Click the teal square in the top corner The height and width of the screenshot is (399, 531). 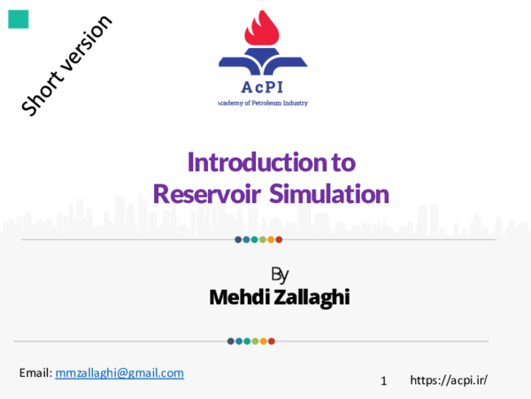19,19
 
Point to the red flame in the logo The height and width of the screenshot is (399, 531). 262,32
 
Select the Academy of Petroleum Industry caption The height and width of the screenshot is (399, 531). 263,104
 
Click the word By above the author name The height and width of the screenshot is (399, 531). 280,274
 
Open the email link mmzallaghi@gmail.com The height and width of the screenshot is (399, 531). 119,373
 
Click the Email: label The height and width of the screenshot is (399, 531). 35,373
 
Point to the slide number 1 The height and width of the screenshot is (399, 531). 384,381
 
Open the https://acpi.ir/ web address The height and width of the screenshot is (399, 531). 449,380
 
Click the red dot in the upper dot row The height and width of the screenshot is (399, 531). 279,239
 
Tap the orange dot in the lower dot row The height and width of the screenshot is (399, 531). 264,340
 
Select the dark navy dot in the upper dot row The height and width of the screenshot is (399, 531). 238,239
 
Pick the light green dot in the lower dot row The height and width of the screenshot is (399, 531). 255,340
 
